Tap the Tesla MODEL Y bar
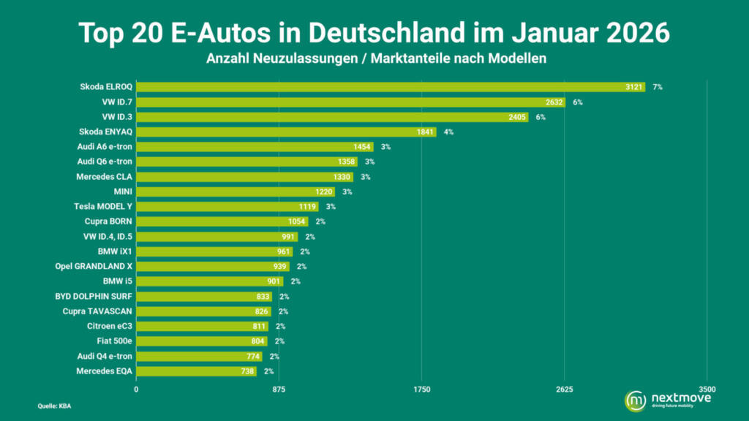pos(227,207)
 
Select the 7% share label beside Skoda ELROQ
pos(658,87)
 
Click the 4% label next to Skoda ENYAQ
pos(448,132)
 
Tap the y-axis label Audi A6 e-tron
pos(104,147)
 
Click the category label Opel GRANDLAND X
pos(94,266)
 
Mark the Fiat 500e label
pos(114,341)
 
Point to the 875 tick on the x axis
pos(279,390)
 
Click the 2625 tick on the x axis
pos(564,390)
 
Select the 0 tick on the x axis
pos(136,390)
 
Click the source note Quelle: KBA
pos(54,406)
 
